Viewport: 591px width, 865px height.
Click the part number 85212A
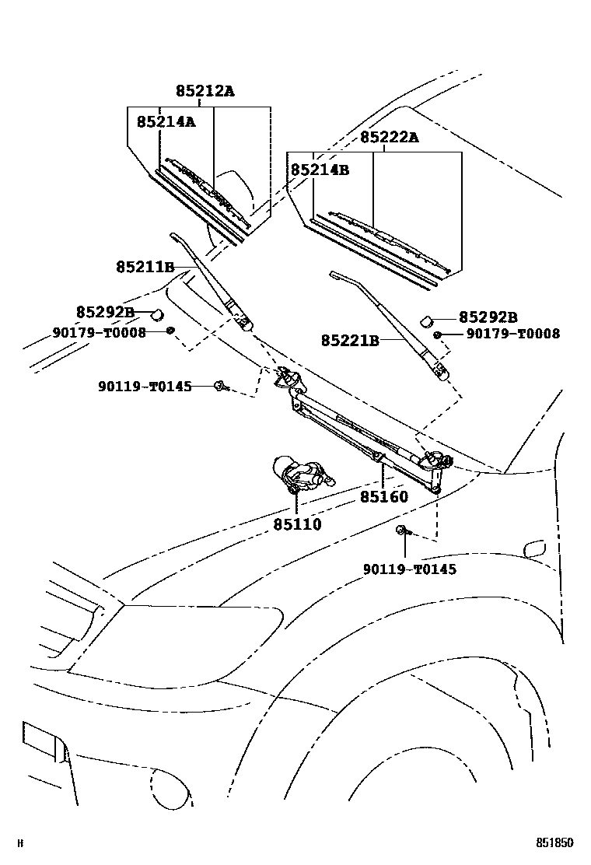205,91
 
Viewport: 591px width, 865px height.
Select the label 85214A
166,121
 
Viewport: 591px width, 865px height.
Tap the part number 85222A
389,138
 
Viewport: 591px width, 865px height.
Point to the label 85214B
320,169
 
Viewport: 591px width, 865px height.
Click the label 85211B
145,268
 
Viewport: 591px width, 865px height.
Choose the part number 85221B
350,340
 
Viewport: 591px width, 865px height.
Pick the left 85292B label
105,312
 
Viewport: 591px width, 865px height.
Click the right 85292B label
488,317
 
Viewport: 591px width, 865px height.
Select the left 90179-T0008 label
100,332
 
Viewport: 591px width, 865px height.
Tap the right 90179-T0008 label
512,334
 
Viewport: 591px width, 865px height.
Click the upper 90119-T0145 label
145,386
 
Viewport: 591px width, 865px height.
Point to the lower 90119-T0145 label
410,569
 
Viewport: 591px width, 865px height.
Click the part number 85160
383,496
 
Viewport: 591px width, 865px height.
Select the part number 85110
297,524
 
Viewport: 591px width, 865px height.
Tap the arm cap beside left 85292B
156,314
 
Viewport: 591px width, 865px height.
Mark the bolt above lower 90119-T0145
402,531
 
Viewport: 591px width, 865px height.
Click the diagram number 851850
554,842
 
